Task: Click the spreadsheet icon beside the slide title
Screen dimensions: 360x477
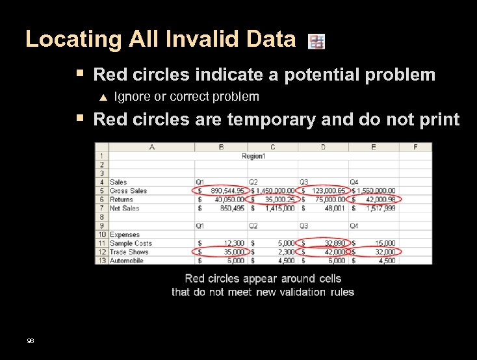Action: coord(316,42)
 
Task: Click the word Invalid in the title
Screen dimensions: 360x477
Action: coord(198,40)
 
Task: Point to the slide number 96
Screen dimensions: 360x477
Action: coord(31,341)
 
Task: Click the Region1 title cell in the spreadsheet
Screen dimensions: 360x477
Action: coord(253,156)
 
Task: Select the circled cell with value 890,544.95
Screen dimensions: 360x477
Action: coord(221,191)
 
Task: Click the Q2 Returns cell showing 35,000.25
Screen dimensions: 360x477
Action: coord(274,199)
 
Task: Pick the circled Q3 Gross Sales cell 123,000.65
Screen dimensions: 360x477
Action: coord(324,191)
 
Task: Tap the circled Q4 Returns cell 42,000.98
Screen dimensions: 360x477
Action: coord(376,199)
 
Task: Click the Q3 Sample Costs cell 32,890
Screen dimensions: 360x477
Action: coord(324,243)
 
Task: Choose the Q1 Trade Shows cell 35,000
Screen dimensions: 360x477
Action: coord(221,251)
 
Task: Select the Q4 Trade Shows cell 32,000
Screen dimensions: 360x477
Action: coord(376,251)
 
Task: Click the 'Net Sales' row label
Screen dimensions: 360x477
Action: coord(124,209)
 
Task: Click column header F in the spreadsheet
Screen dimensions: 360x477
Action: coord(415,147)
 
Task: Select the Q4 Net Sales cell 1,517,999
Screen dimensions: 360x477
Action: coord(376,209)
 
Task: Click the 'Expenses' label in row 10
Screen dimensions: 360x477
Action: coord(124,235)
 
